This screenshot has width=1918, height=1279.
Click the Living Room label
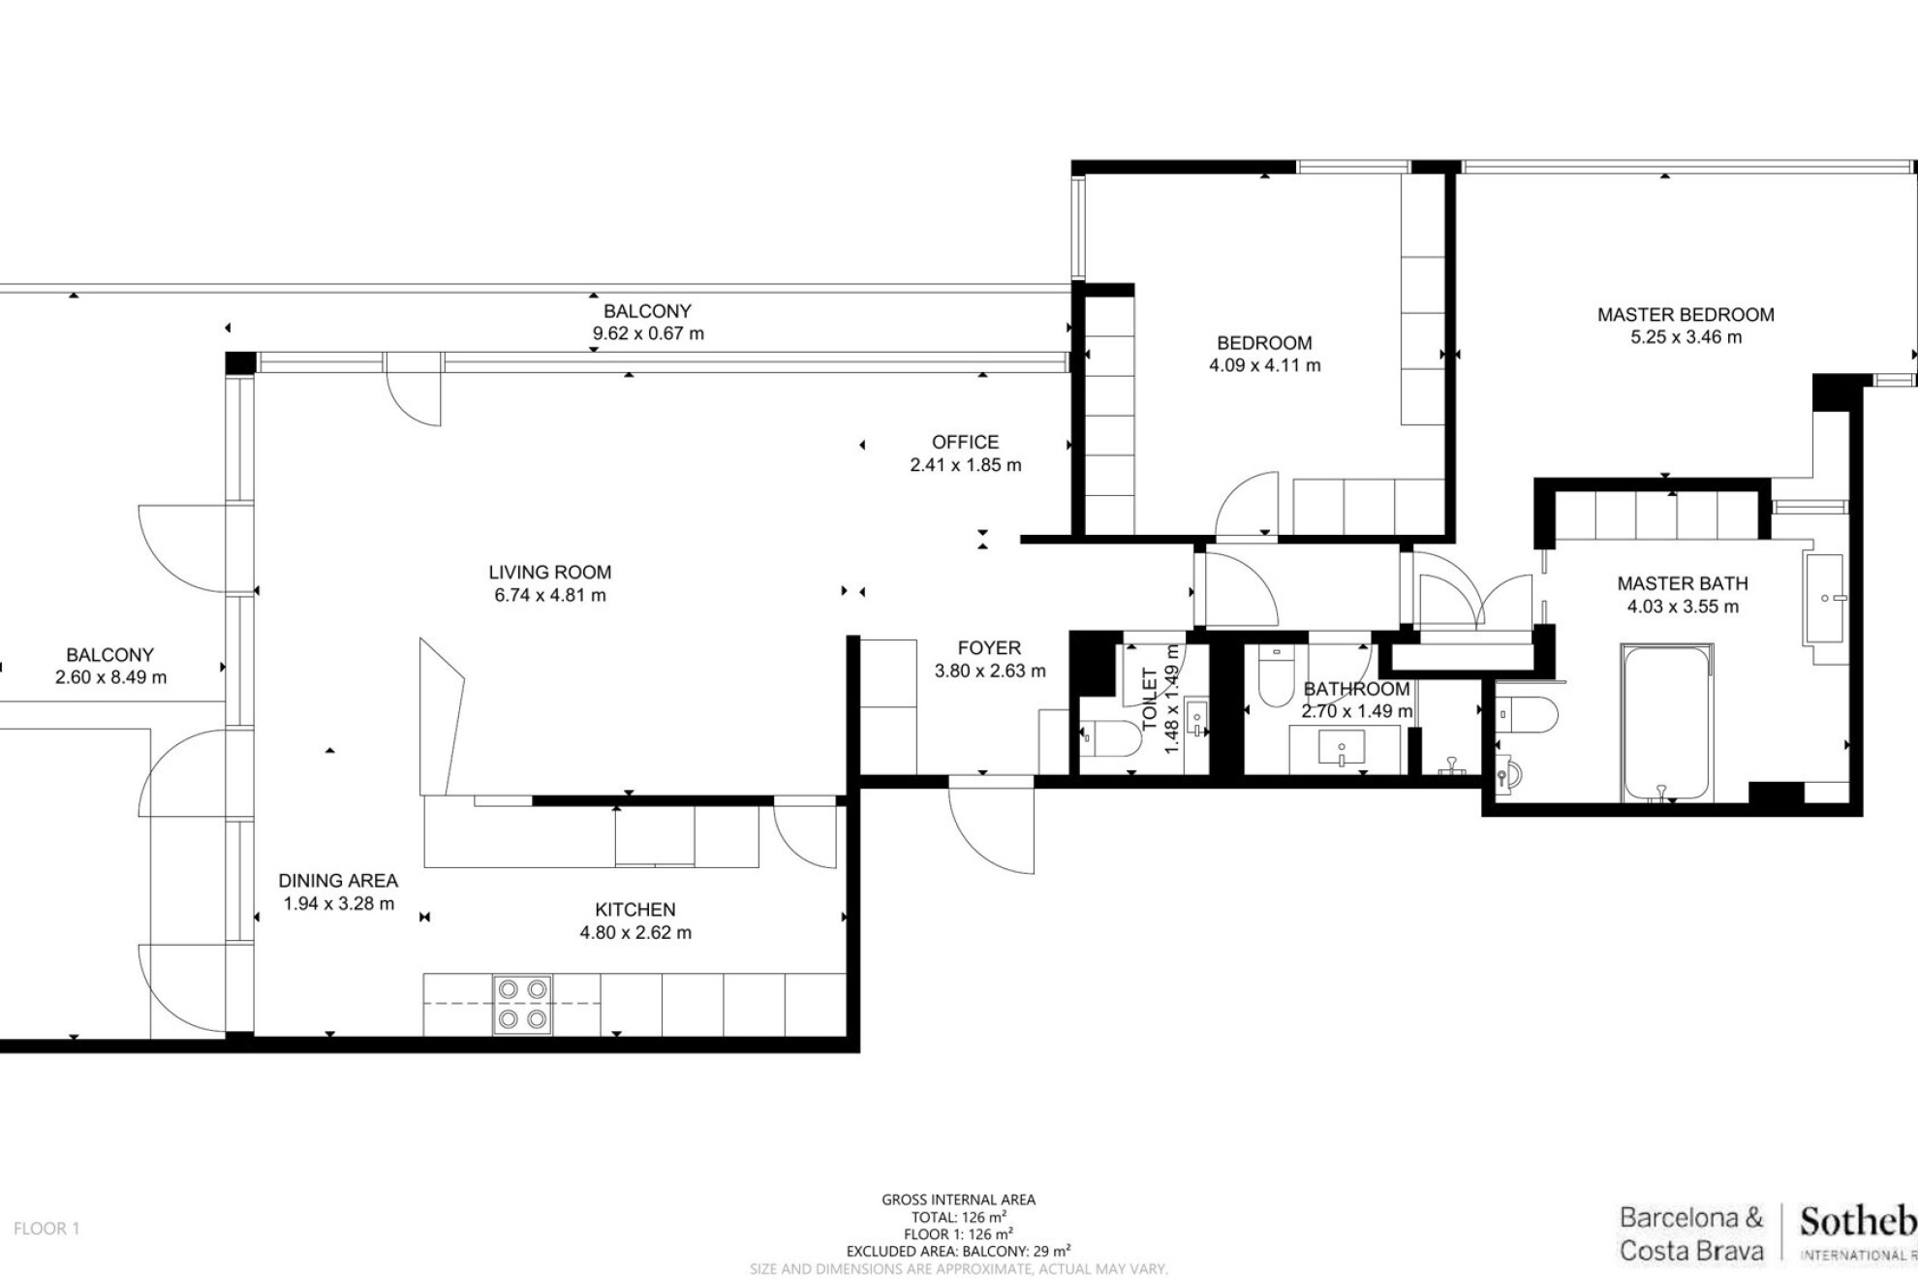[x=549, y=573]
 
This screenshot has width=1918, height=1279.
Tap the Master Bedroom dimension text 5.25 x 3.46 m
[x=1686, y=337]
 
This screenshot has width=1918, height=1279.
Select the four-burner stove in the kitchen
[x=522, y=1005]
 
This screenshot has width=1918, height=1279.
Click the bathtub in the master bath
[x=1666, y=723]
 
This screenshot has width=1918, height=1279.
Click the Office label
[x=965, y=442]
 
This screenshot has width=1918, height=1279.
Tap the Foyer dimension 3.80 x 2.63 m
[x=989, y=671]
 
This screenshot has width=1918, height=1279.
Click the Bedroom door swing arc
[x=1245, y=504]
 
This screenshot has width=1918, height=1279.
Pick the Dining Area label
[x=338, y=881]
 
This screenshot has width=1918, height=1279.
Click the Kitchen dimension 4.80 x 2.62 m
[x=635, y=932]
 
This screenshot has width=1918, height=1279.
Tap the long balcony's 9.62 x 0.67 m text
[x=648, y=333]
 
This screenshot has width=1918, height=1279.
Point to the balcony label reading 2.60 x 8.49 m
[x=110, y=677]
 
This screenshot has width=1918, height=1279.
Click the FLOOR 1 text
[x=46, y=1229]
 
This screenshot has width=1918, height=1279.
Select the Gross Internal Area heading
[x=958, y=1200]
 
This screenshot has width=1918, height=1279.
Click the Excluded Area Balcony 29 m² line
[x=958, y=1251]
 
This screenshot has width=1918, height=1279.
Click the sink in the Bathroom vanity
[x=1342, y=748]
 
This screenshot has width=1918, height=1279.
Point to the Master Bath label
[x=1683, y=583]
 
